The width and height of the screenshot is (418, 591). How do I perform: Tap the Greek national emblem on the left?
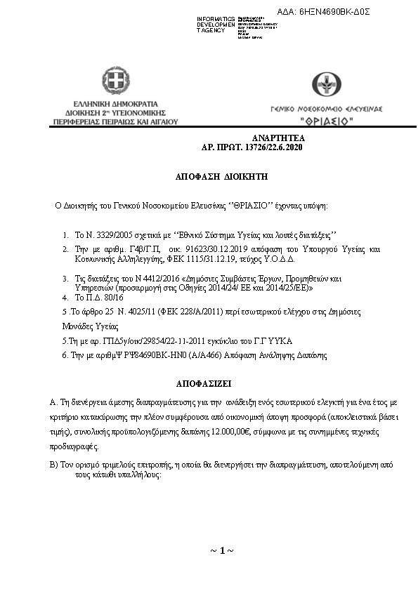click(x=115, y=82)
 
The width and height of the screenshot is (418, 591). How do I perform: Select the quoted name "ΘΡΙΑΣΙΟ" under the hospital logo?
click(x=327, y=121)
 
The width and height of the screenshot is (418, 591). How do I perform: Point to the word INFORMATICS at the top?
click(x=216, y=18)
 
